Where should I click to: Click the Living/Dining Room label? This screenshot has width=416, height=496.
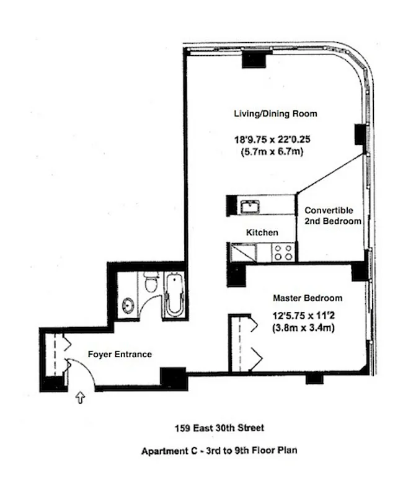point(275,114)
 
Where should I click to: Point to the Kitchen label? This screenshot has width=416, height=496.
point(262,232)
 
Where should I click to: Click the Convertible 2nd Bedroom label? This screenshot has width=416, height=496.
point(333,216)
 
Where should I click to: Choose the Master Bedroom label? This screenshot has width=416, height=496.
point(308,298)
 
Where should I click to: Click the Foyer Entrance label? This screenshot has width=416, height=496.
point(120,355)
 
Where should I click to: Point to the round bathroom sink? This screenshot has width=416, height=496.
point(128,305)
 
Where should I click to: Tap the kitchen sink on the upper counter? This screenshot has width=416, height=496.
point(250,205)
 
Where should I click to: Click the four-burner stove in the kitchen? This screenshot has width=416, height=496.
point(284,252)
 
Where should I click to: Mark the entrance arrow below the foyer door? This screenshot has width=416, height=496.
point(80,397)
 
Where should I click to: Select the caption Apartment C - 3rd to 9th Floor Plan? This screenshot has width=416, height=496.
point(218,451)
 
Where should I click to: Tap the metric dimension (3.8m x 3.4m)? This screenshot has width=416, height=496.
point(303,327)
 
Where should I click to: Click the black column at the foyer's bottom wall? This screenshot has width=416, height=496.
point(172,378)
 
